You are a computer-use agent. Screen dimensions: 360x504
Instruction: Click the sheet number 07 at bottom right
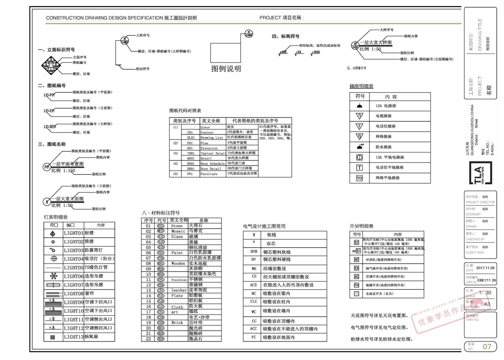(x=487, y=347)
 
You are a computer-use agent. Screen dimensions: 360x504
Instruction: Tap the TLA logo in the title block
(x=480, y=173)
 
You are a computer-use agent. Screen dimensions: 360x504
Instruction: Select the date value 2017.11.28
(x=485, y=268)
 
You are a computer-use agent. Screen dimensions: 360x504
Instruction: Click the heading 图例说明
(x=226, y=69)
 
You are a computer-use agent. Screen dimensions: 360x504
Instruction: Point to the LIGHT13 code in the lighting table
(x=74, y=337)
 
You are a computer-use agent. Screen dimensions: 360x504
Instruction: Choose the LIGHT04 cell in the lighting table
(x=74, y=259)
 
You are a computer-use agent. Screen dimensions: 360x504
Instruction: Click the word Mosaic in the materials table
(x=178, y=231)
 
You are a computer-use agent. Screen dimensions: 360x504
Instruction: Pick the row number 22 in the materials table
(x=148, y=339)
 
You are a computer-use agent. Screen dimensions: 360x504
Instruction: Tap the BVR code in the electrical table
(x=254, y=251)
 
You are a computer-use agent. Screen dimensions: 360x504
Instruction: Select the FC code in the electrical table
(x=254, y=337)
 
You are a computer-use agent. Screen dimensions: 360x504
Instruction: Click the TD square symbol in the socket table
(x=360, y=178)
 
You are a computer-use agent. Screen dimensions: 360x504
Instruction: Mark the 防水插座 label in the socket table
(x=383, y=147)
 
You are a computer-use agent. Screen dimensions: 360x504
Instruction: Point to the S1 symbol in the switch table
(x=356, y=242)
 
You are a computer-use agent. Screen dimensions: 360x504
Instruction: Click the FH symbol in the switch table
(x=356, y=285)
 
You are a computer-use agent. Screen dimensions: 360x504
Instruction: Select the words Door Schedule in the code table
(x=212, y=164)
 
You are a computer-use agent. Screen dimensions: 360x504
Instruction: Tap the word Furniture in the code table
(x=209, y=174)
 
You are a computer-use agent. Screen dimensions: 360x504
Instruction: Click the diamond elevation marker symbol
(x=50, y=66)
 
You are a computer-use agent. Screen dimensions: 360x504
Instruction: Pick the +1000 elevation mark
(x=316, y=52)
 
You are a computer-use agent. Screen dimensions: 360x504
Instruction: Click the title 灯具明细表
(x=56, y=217)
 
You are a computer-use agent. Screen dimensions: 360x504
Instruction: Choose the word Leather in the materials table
(x=179, y=290)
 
